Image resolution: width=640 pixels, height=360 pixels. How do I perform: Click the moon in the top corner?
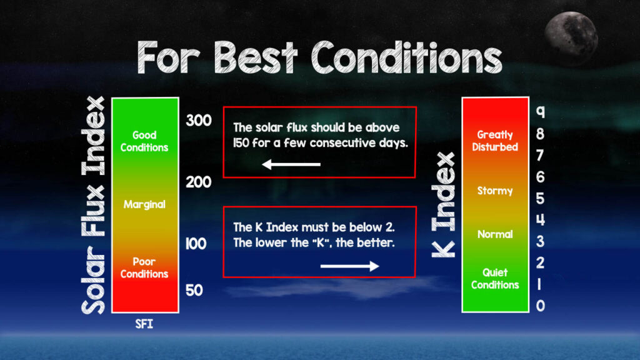click(x=571, y=38)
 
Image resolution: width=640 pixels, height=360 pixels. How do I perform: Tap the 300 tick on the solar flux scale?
click(x=199, y=121)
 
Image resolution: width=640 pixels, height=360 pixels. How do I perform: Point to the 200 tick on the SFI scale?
click(x=199, y=182)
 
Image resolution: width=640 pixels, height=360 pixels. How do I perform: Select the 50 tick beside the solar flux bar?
click(x=194, y=290)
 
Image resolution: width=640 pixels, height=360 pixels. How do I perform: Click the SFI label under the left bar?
click(x=144, y=324)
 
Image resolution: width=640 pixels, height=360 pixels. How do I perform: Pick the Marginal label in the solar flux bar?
click(x=144, y=204)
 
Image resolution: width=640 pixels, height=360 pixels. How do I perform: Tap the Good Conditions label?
click(x=144, y=141)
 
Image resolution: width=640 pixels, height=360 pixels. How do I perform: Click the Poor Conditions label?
click(x=144, y=267)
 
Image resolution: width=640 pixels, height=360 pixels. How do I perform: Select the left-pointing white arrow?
click(x=291, y=164)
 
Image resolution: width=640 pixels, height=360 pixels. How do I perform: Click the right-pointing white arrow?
click(x=350, y=266)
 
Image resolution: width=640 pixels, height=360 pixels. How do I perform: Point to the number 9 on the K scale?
click(x=541, y=112)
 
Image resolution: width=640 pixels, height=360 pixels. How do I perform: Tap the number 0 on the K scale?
click(x=541, y=306)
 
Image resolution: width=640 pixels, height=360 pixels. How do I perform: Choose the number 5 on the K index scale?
click(x=540, y=198)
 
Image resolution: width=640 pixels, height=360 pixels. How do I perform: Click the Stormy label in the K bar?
click(x=495, y=191)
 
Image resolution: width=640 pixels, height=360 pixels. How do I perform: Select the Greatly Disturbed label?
click(x=495, y=141)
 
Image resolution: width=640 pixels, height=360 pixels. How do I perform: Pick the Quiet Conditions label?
click(x=495, y=279)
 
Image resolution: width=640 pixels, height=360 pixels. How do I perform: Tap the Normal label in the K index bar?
click(x=495, y=234)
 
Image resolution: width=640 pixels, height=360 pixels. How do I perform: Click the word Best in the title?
click(x=256, y=57)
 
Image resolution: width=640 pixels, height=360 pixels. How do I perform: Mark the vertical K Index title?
click(x=444, y=205)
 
